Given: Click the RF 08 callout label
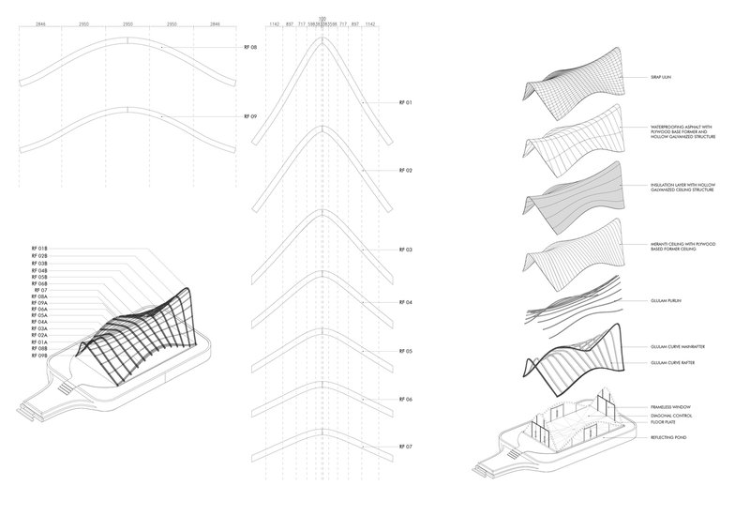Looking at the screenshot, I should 249,47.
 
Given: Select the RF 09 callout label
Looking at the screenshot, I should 249,116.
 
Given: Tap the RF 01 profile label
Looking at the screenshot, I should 406,101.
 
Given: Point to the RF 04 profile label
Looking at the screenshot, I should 406,302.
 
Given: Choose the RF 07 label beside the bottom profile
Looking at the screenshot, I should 406,447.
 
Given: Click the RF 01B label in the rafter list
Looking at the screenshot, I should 39,249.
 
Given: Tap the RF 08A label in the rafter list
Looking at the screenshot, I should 39,297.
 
